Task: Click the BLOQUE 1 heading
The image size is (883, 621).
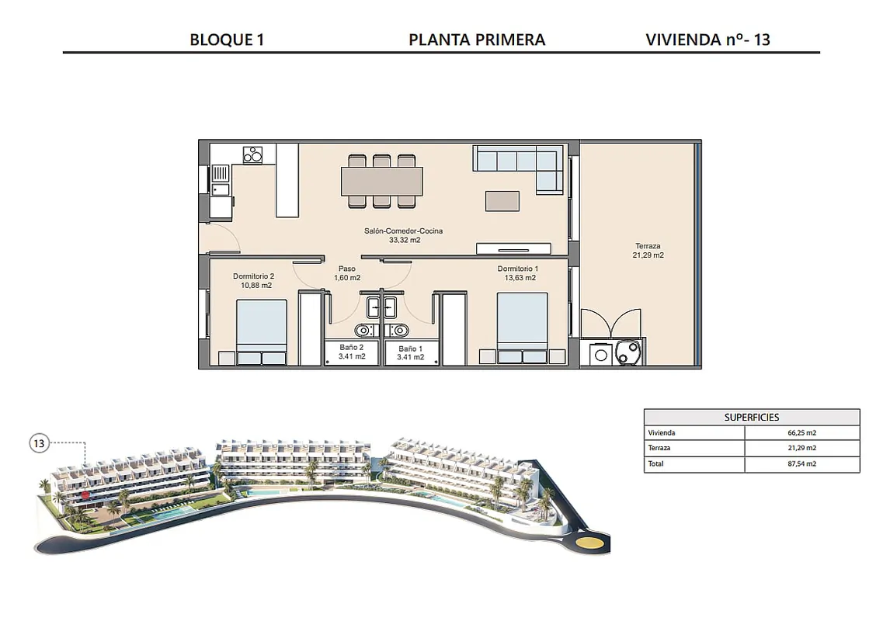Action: coord(227,40)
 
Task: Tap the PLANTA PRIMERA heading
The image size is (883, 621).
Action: coord(477,40)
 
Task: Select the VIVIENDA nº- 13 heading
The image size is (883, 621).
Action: coord(707,40)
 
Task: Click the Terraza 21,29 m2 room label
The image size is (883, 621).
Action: coord(648,251)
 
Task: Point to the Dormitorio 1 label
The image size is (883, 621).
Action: coord(518,269)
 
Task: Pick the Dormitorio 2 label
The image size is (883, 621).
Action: coord(253,276)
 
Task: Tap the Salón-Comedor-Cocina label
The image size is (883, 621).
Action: coord(403,231)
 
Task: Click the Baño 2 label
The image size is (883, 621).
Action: coord(351,348)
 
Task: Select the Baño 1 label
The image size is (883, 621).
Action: coord(410,349)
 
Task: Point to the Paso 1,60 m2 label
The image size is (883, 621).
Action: coord(347,273)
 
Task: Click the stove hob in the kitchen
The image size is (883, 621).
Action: coord(252,154)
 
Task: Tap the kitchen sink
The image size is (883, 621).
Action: coord(221,180)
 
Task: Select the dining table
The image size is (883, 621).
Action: coord(382,182)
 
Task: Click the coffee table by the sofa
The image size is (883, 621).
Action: coord(502,201)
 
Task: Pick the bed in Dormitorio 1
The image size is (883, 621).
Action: coord(522,328)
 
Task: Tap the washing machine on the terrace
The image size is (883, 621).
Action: coord(601,355)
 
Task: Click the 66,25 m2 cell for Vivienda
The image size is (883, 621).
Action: coord(802,433)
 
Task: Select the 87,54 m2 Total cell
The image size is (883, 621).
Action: coord(802,464)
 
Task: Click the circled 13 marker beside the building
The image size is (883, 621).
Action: coord(39,444)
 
